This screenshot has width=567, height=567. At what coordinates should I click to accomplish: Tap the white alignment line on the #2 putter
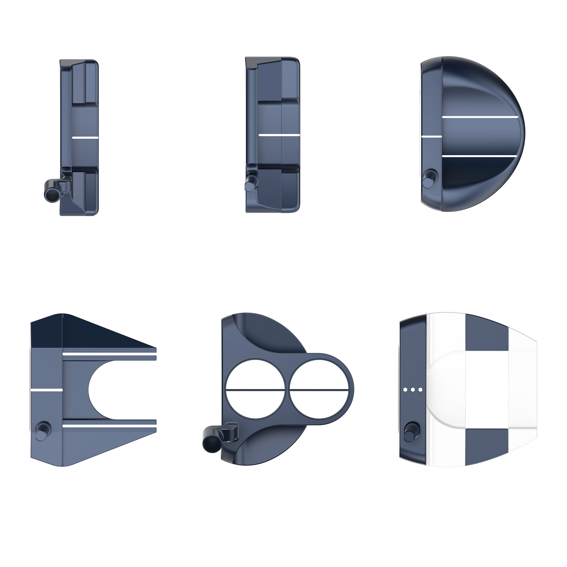click(85, 137)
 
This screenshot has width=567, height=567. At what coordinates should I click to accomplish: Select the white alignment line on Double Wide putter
click(279, 135)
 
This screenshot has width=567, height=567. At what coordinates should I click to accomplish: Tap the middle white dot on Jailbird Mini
click(412, 390)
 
